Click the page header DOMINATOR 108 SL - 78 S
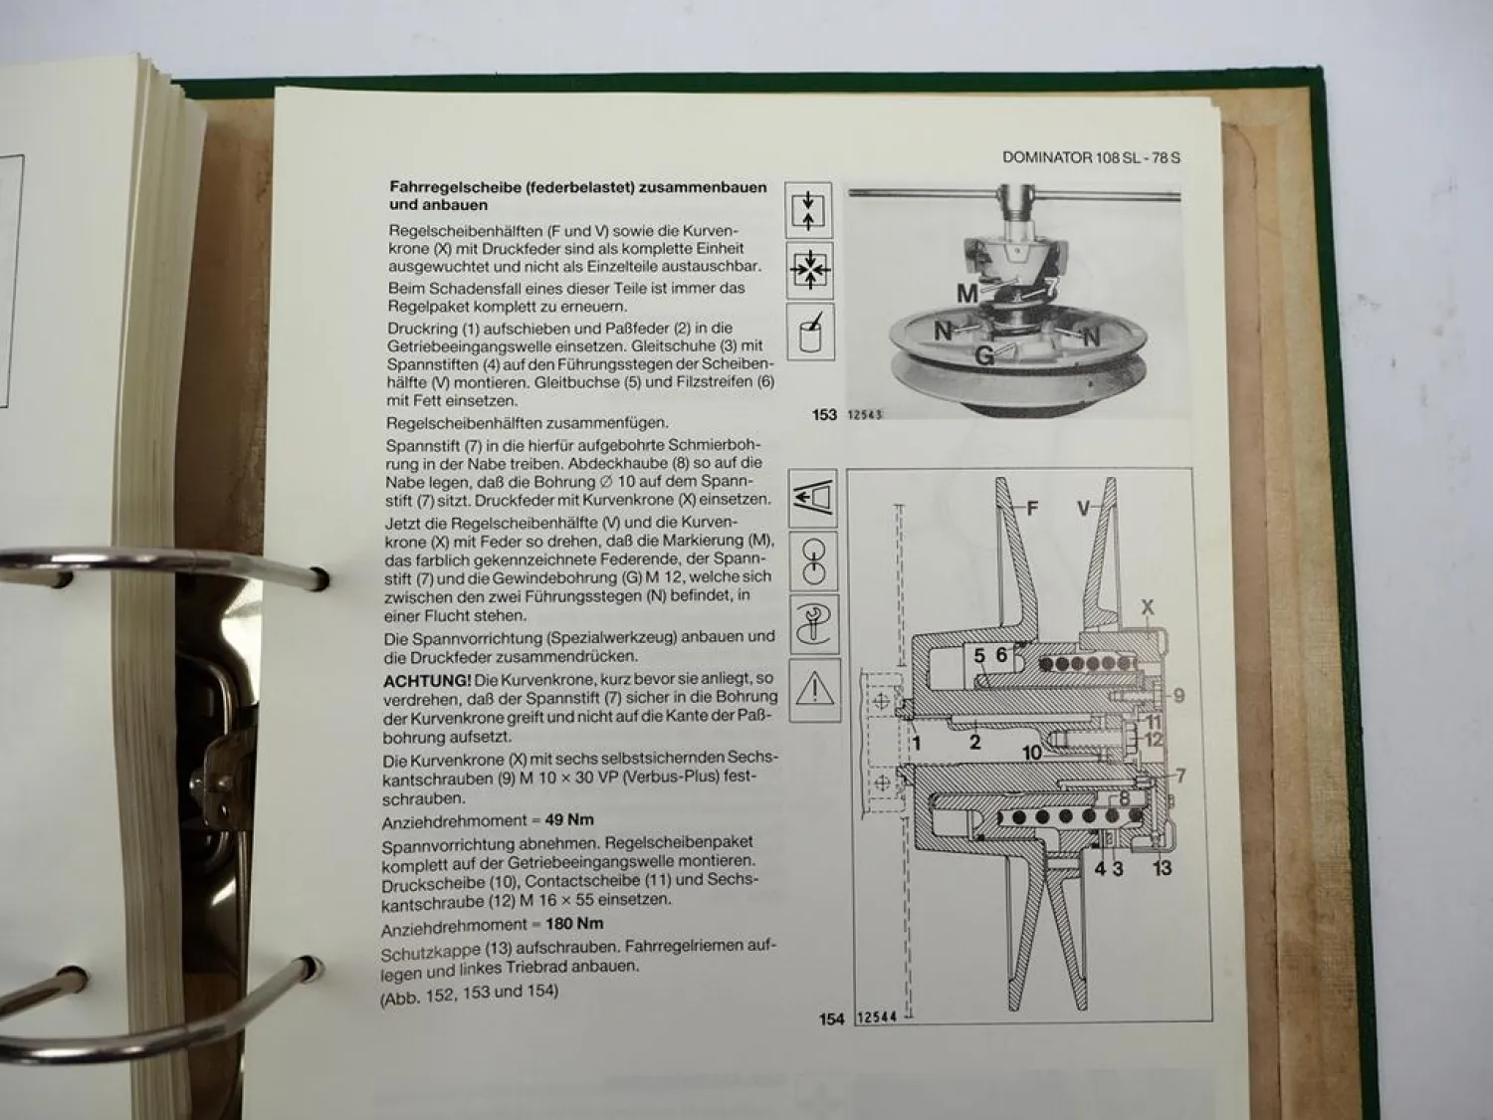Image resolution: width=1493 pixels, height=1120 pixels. click(x=1091, y=157)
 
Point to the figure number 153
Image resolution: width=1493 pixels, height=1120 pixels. click(x=823, y=414)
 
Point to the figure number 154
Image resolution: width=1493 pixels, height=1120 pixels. click(x=831, y=1018)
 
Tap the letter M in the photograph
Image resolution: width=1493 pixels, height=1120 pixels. click(x=967, y=293)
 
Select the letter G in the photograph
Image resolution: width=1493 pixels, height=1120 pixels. click(x=984, y=355)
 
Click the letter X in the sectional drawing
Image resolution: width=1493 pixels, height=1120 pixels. click(x=1148, y=607)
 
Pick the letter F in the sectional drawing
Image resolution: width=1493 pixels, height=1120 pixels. click(x=1032, y=509)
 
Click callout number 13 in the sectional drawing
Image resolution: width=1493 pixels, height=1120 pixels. click(x=1162, y=868)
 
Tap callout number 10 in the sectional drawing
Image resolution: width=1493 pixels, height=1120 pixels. click(x=1032, y=752)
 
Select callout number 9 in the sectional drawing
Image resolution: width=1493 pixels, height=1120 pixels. click(x=1178, y=695)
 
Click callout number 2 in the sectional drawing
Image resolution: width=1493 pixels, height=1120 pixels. click(x=974, y=742)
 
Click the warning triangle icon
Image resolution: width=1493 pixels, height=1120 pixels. click(x=813, y=689)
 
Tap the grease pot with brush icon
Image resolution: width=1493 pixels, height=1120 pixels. click(x=809, y=333)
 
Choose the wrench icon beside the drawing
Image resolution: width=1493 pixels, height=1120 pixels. click(x=813, y=625)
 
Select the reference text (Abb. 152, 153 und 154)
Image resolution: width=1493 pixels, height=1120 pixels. click(x=469, y=993)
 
